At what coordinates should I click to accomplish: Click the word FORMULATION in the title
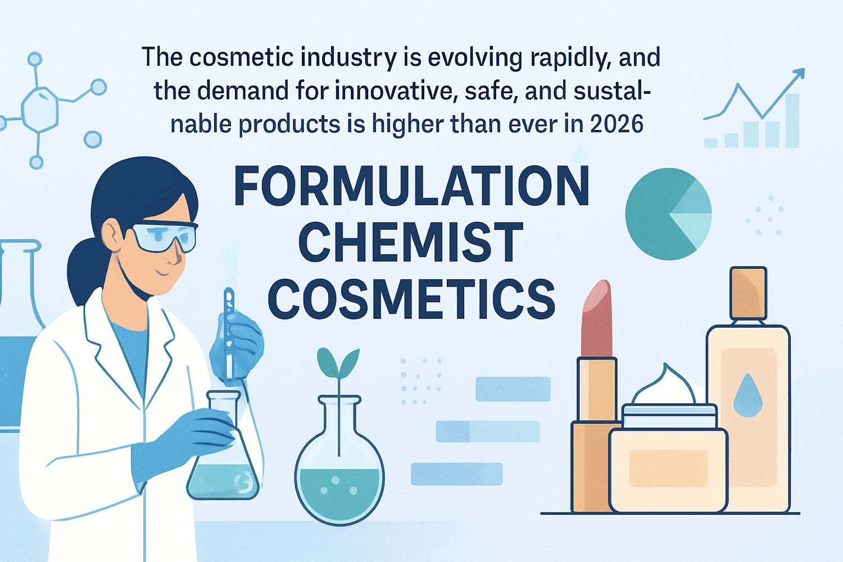point(411,186)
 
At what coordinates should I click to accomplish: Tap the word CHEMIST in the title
point(410,242)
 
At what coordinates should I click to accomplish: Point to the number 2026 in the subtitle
point(617,124)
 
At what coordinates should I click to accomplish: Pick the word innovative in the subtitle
point(394,91)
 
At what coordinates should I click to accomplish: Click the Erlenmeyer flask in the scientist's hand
point(223,455)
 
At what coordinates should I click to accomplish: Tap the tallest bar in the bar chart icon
point(792,121)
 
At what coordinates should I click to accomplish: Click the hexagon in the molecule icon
point(40,109)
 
